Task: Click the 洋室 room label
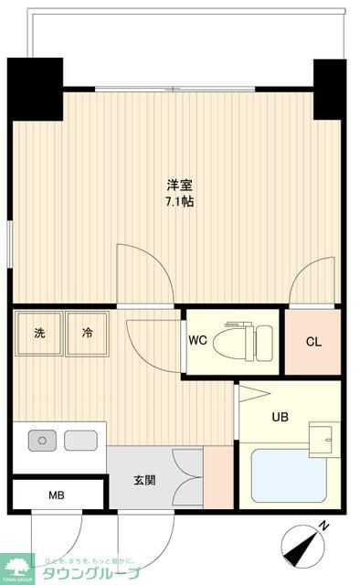click(x=178, y=184)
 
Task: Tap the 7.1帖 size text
click(x=178, y=200)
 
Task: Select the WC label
click(x=198, y=342)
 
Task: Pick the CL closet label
click(x=313, y=342)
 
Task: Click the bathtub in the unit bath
click(x=287, y=475)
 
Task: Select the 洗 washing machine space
click(x=39, y=334)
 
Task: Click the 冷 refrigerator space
click(x=87, y=334)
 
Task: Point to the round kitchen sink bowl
click(x=41, y=441)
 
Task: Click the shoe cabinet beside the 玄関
click(x=217, y=476)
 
